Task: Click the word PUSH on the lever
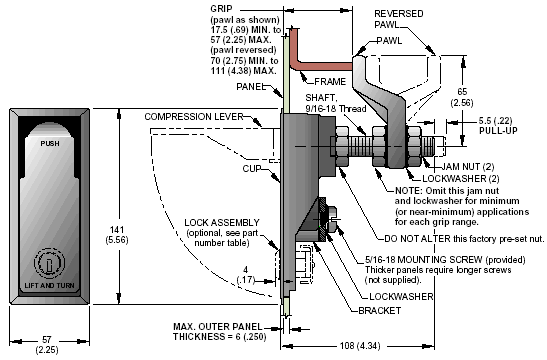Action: tap(50, 143)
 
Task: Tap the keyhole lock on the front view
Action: tap(49, 263)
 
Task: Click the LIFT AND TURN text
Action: tap(50, 285)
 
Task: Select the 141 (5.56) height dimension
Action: tap(117, 235)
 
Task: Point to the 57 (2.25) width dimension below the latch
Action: tap(47, 344)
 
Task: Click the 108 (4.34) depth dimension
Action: tap(360, 346)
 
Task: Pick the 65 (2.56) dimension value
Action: tap(462, 97)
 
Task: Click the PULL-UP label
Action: tap(498, 131)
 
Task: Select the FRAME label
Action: tap(330, 82)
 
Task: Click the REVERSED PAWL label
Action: tap(398, 19)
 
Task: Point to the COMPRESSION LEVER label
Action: tap(194, 117)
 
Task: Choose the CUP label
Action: tap(252, 169)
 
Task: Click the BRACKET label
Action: tap(380, 310)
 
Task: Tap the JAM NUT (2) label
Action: tap(468, 167)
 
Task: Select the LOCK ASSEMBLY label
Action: tap(222, 223)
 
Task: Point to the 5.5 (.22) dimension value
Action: tap(495, 121)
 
